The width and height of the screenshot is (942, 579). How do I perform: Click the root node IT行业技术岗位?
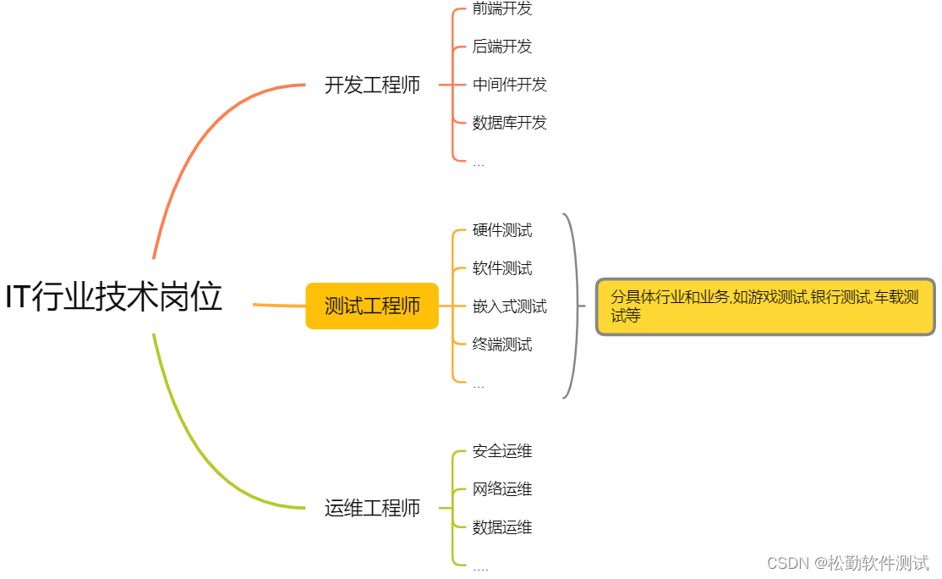114,298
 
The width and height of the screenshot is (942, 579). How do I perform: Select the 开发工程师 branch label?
372,85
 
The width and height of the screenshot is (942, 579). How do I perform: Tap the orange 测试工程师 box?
372,306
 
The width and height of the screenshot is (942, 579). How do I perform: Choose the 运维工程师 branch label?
372,508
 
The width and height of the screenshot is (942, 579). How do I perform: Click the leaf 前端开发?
502,9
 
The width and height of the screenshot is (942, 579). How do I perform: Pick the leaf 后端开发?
502,47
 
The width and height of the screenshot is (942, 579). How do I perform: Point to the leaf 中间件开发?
510,85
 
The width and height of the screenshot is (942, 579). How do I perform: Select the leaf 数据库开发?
510,123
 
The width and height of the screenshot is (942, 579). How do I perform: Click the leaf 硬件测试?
502,230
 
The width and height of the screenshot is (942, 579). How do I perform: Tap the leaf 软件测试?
502,268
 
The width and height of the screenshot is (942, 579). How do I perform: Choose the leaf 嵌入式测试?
510,306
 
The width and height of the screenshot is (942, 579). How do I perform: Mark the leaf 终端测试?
502,345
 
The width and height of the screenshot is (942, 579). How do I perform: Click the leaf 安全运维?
502,451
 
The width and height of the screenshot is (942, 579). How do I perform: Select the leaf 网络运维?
502,489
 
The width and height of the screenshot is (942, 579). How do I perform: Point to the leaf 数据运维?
502,527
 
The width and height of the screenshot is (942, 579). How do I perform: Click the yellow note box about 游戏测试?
765,306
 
